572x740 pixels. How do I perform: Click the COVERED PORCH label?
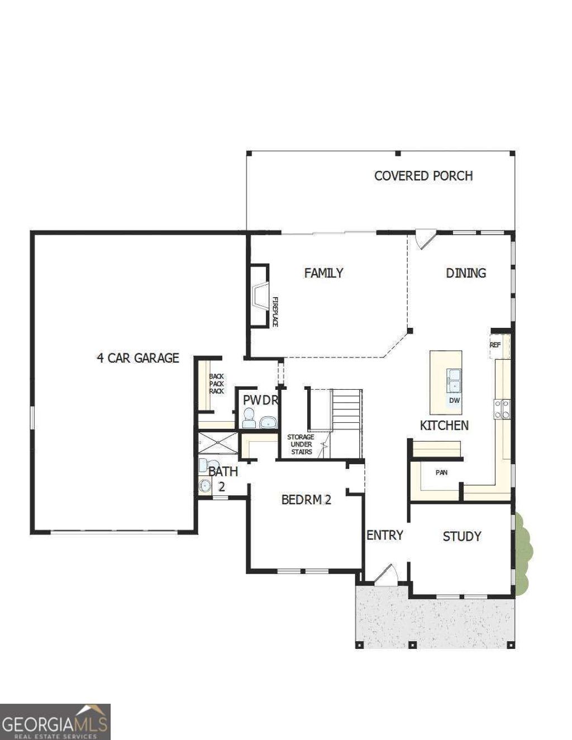(423, 176)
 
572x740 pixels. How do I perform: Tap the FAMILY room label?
(323, 273)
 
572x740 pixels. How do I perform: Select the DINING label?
(466, 273)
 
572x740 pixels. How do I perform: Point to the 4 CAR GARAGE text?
(138, 358)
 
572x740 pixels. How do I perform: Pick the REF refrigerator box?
(495, 345)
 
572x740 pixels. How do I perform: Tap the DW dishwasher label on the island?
(454, 400)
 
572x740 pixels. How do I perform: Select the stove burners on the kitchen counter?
(502, 408)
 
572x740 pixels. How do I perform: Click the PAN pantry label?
(441, 472)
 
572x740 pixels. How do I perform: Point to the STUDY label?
(461, 537)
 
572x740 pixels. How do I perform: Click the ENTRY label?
(384, 535)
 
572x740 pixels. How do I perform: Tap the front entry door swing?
(386, 575)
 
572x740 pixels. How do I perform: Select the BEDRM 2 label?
(306, 500)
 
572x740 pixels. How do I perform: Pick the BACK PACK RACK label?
(216, 384)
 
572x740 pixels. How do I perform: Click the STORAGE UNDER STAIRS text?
(301, 444)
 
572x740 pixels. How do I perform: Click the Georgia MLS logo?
(55, 722)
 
